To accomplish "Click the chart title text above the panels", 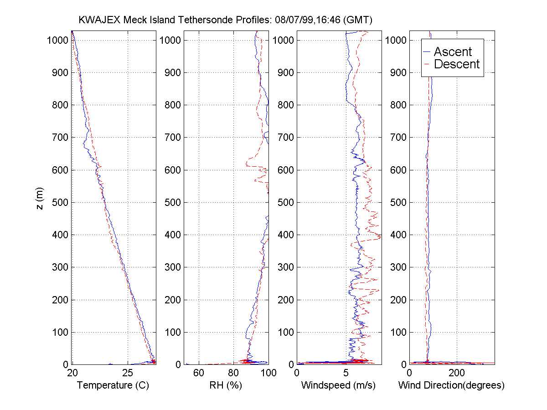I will coord(226,20).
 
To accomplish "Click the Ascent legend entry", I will coord(452,51).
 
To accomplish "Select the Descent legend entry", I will coord(456,64).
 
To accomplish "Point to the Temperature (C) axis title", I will coord(113,385).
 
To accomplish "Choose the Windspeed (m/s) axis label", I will coord(338,385).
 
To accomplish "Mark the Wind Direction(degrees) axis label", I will coord(451,385).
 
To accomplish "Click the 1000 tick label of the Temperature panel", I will coord(57,40).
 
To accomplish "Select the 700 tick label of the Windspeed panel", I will coord(284,138).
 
